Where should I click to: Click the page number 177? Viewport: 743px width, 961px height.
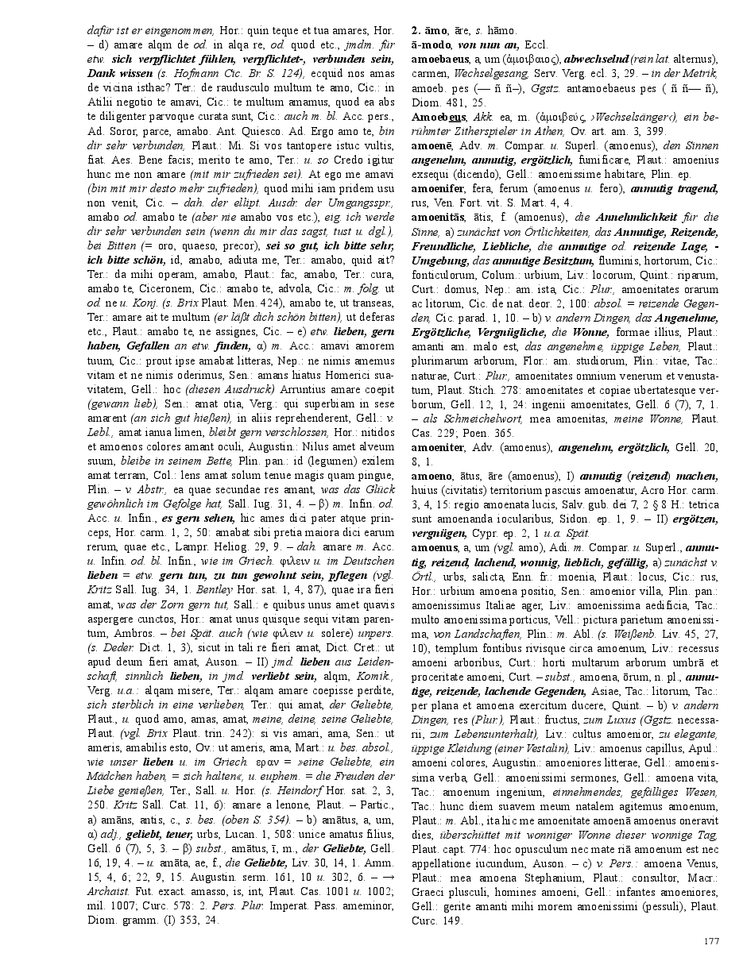point(711,940)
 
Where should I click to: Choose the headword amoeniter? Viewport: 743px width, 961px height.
point(436,447)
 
